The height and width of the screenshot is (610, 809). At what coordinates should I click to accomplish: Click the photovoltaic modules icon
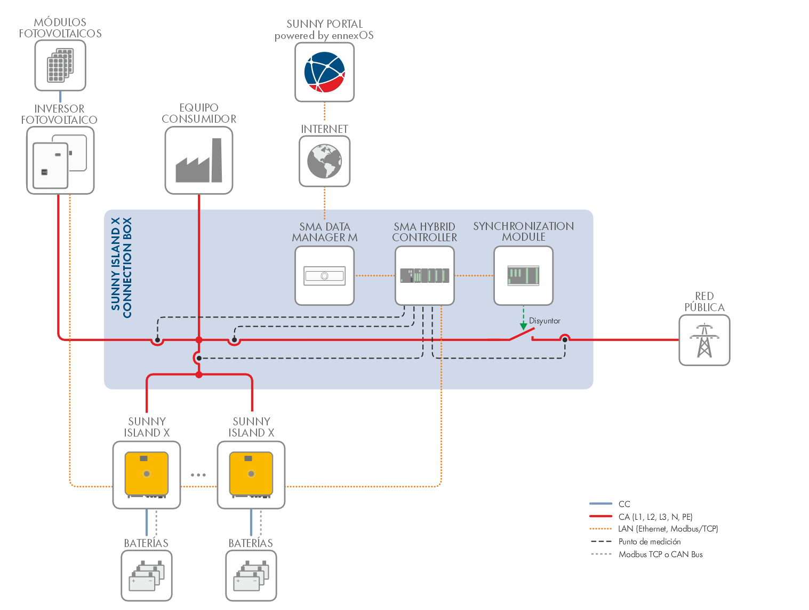[60, 65]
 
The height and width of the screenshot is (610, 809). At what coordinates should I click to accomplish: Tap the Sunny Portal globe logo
[325, 72]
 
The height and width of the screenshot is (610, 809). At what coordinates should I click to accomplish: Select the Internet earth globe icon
[325, 161]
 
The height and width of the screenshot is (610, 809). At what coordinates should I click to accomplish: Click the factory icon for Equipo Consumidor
[199, 161]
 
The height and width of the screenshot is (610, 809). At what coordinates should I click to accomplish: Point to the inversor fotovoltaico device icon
[60, 161]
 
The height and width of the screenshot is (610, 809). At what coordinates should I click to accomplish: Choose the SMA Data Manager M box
[325, 275]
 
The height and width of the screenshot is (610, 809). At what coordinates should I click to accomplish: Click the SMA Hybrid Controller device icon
[424, 275]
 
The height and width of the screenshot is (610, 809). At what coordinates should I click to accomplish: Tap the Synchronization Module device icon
[523, 275]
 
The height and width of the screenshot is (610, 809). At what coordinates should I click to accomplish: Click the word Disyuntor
[544, 321]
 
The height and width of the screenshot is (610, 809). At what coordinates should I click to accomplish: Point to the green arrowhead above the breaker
[524, 326]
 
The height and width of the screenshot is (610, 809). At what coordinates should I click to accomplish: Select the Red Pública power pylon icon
[704, 340]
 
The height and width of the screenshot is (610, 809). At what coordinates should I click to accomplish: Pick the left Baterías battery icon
[147, 576]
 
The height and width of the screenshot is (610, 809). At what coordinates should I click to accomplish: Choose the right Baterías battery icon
[251, 576]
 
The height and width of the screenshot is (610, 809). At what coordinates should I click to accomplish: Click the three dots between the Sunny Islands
[198, 474]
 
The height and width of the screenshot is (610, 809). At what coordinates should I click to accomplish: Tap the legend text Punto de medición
[650, 542]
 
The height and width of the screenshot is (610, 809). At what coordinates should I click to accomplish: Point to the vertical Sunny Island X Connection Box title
[121, 267]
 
